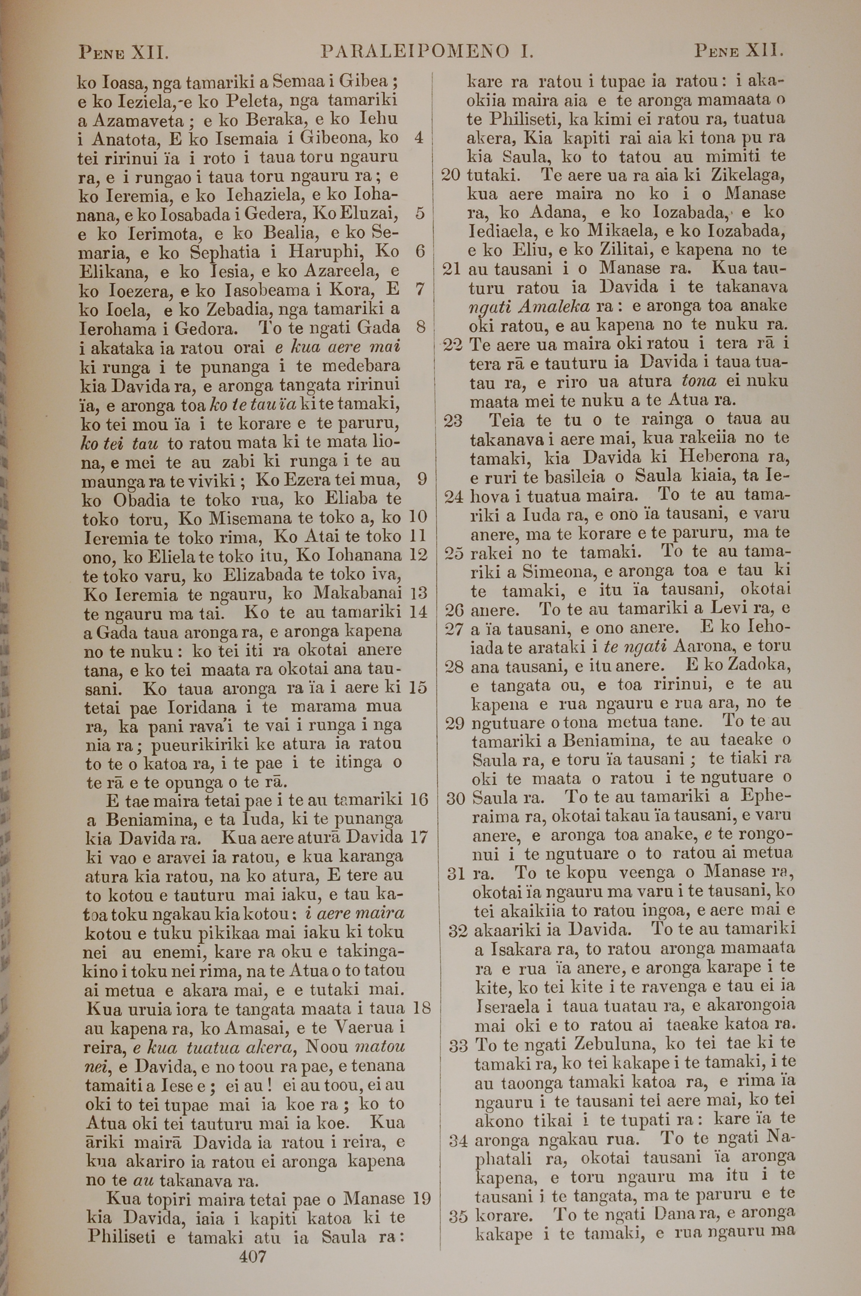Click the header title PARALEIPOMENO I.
(428, 53)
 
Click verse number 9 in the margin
(422, 480)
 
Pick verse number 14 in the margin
(418, 611)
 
